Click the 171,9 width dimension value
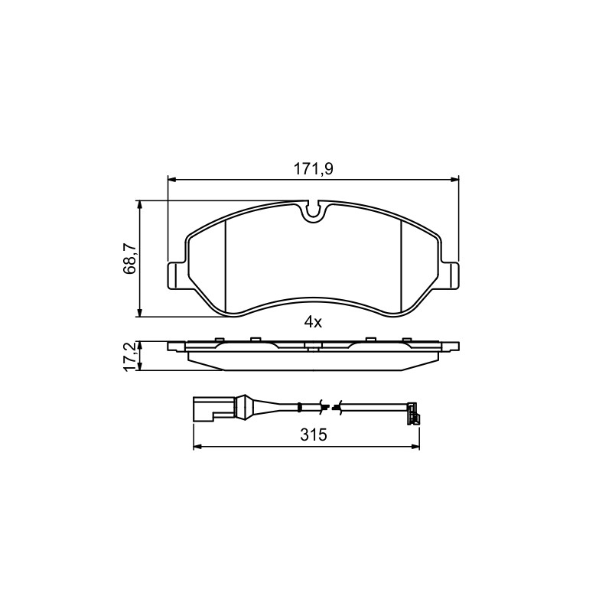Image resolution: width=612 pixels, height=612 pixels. click(313, 169)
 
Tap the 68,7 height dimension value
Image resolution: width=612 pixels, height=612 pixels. click(129, 258)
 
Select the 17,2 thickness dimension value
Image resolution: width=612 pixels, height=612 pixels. click(129, 356)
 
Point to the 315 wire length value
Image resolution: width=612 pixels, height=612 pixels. click(313, 435)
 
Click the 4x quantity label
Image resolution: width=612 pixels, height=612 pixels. click(313, 322)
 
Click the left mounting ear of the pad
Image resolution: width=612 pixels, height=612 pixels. click(177, 275)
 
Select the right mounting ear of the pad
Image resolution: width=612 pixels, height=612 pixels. click(449, 275)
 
